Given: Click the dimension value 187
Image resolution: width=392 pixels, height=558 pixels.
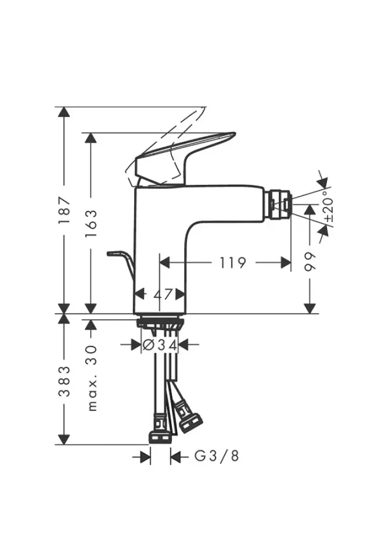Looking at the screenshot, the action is (64, 210).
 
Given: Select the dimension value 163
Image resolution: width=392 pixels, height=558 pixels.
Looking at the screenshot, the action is (91, 223).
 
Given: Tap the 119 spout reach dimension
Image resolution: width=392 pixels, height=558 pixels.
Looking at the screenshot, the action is (232, 263).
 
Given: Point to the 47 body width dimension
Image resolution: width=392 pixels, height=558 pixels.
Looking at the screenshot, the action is (163, 294).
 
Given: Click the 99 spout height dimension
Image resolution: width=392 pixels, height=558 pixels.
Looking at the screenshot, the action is (310, 262).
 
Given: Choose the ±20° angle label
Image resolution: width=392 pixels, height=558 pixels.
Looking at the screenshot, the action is (329, 205).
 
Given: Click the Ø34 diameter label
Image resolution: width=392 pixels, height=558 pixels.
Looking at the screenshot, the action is (160, 345).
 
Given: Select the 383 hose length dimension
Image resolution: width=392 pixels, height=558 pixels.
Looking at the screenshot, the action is (64, 381).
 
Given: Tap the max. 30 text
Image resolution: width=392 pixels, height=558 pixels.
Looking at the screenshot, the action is (92, 378).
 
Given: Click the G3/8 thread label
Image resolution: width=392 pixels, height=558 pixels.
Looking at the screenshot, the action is (217, 456).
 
